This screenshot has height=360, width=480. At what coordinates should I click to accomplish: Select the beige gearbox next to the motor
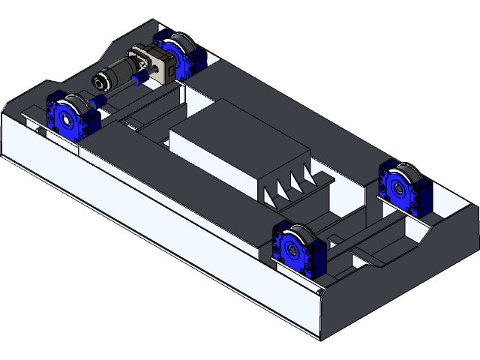click(147, 61)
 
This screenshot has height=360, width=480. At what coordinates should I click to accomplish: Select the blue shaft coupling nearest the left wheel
click(99, 100)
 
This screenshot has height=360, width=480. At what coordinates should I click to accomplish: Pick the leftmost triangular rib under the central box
click(271, 193)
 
